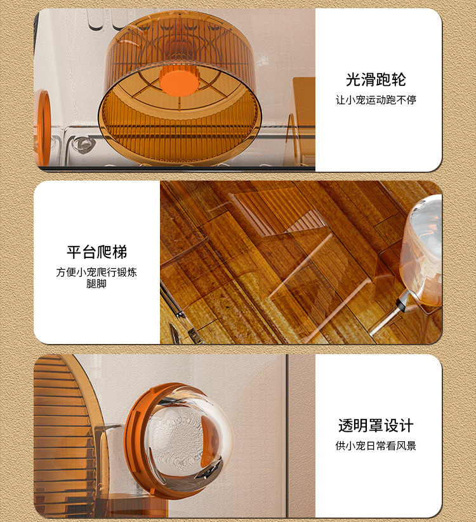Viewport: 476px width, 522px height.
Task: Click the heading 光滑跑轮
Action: (x=376, y=80)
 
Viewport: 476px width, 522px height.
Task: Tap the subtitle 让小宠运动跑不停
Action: (x=376, y=100)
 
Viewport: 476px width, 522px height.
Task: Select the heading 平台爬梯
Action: (x=96, y=252)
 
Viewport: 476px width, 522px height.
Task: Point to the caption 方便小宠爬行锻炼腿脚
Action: (x=96, y=278)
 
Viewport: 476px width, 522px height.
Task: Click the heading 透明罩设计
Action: (x=376, y=425)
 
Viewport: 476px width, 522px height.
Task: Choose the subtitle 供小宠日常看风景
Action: (x=376, y=446)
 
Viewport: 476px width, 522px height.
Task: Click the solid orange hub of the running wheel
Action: (x=180, y=80)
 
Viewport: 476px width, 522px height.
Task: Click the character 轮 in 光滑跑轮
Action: (x=399, y=80)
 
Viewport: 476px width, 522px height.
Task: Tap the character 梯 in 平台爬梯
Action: (x=120, y=252)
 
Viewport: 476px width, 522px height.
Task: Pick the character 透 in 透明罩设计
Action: (x=346, y=425)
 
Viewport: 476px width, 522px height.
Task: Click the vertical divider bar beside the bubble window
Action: (x=286, y=436)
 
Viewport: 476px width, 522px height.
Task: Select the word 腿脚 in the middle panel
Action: (x=96, y=284)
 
